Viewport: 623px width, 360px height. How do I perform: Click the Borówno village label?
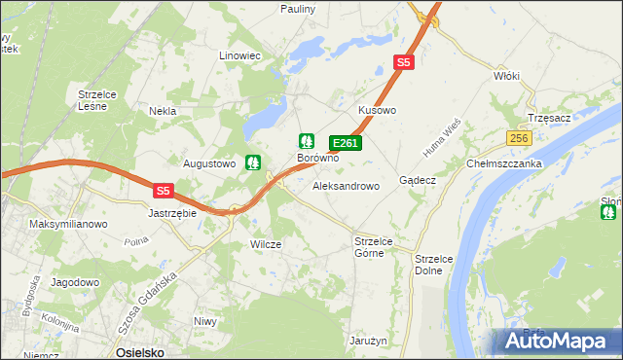[317, 158]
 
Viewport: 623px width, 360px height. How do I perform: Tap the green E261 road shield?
[346, 143]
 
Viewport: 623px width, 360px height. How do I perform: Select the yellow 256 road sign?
[518, 139]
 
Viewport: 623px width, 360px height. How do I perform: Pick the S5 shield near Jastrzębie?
[164, 191]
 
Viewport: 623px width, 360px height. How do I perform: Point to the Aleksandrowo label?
[346, 185]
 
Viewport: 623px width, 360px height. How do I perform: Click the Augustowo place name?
[210, 163]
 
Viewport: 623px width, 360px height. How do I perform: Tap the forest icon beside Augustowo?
[253, 162]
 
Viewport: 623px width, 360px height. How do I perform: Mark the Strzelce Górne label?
[371, 247]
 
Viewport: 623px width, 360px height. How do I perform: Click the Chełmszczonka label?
[504, 163]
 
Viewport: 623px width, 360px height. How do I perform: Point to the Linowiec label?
[240, 55]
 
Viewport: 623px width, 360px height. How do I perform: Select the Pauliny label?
[297, 8]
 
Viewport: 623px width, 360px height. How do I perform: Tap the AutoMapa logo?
[557, 342]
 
